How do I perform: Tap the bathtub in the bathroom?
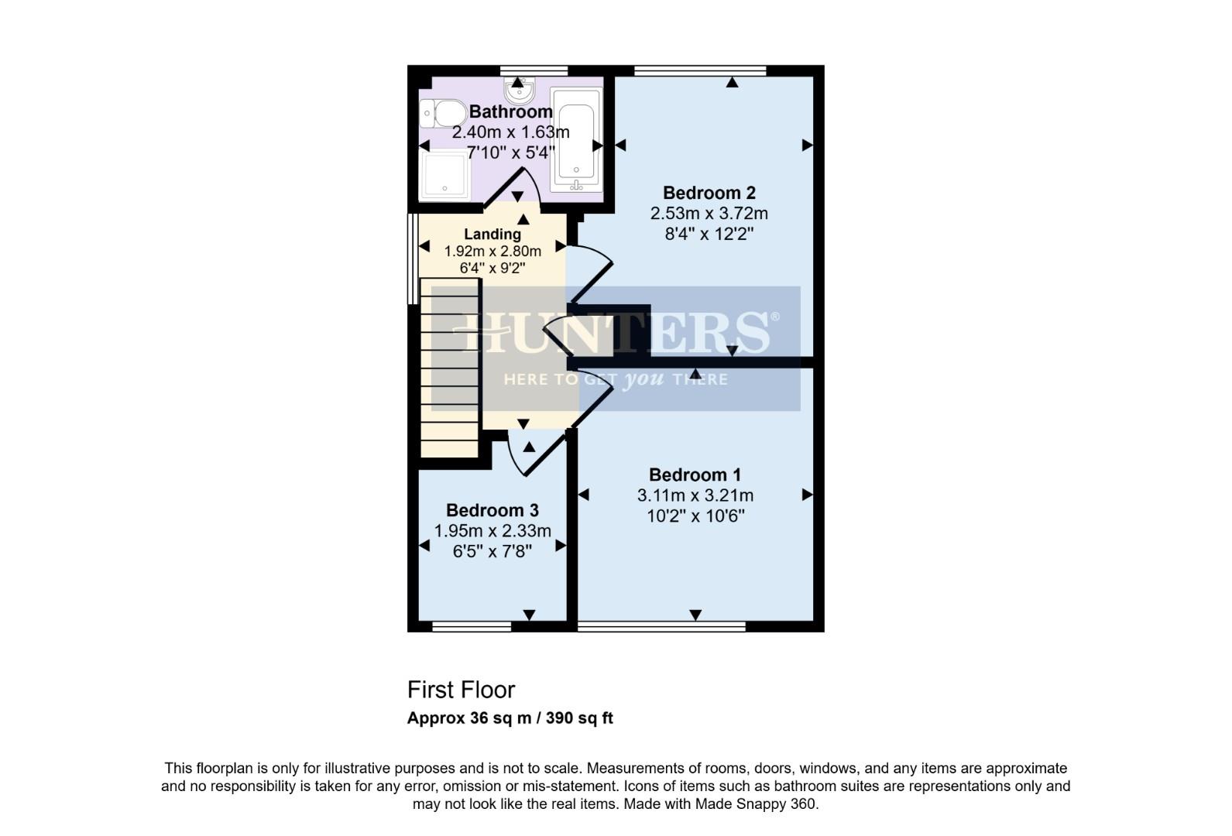click(x=575, y=139)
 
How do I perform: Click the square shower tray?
click(x=444, y=174)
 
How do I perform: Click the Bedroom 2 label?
click(x=709, y=193)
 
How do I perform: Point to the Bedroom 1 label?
click(x=695, y=475)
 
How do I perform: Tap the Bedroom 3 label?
click(x=492, y=511)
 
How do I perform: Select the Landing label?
click(x=492, y=234)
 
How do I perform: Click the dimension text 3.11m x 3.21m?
click(x=695, y=495)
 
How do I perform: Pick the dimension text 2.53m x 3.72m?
click(x=709, y=213)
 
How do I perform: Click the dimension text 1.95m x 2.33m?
click(x=492, y=531)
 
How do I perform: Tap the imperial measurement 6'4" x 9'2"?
click(x=492, y=269)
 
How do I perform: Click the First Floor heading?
click(x=461, y=690)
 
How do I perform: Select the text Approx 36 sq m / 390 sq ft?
click(x=510, y=718)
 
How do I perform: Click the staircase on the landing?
click(x=449, y=368)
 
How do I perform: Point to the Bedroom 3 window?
click(x=472, y=626)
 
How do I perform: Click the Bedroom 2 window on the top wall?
click(x=700, y=70)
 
